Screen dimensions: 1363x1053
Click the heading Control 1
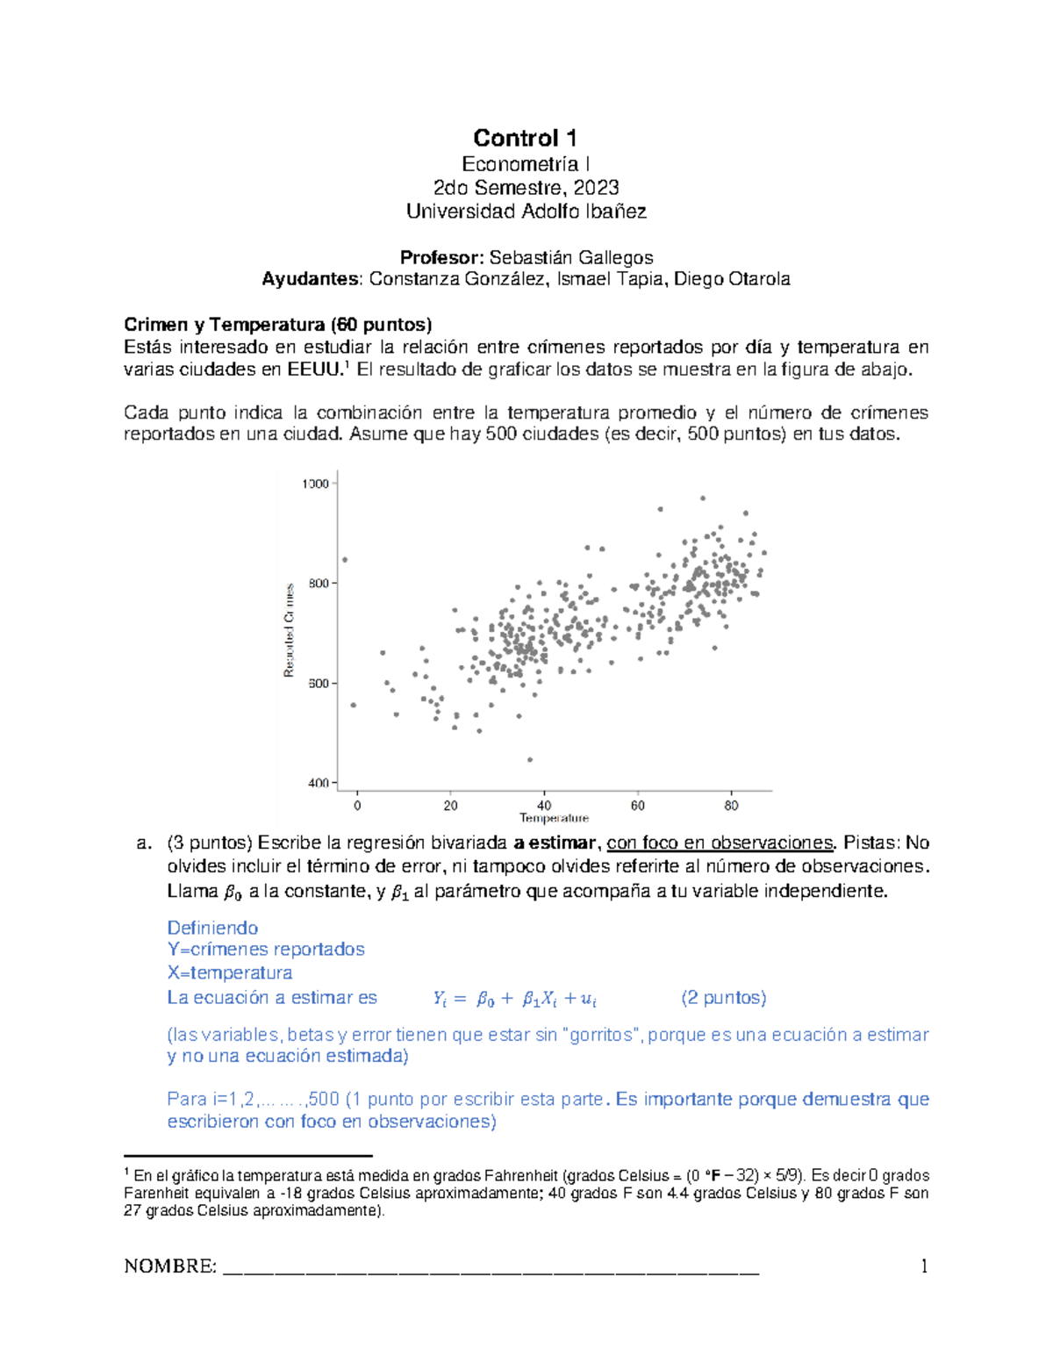(525, 138)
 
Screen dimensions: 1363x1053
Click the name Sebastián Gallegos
(570, 257)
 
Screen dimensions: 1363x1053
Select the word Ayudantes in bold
(312, 279)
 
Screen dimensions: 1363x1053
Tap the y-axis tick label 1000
(315, 484)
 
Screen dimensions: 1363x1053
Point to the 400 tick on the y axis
(318, 783)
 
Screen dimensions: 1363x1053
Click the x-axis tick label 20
(450, 806)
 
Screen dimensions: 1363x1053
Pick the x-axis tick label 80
(731, 806)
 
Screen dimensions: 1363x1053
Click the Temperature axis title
(554, 818)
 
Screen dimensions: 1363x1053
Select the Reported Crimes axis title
(288, 630)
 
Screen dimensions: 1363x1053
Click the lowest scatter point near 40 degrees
(530, 759)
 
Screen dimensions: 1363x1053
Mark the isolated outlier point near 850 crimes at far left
(345, 559)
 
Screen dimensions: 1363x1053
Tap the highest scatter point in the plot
(702, 498)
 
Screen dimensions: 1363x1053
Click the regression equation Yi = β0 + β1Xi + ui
(515, 998)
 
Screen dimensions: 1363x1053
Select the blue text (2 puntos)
(723, 998)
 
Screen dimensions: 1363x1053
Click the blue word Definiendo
(212, 928)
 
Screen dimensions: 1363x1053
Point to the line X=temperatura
(230, 972)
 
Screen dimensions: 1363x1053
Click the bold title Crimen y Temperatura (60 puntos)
(278, 325)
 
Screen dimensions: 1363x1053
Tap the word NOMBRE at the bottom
(170, 1266)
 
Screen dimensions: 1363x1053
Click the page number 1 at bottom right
(924, 1266)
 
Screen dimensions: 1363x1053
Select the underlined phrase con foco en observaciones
(720, 843)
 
